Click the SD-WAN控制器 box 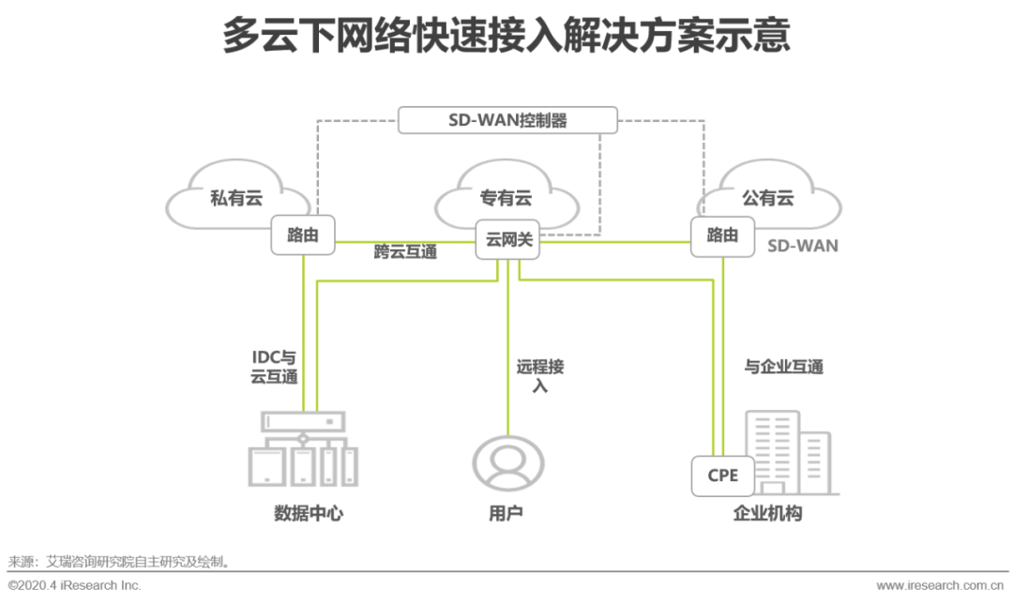507,120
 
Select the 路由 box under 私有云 302,235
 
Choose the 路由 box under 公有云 722,235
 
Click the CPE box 722,476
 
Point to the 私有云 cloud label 235,198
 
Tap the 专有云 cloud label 506,198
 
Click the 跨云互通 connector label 405,251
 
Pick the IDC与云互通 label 274,367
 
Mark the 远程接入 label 540,375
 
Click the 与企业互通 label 783,367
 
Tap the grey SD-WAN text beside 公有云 803,246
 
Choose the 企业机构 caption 767,514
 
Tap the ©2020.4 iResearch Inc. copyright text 75,586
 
